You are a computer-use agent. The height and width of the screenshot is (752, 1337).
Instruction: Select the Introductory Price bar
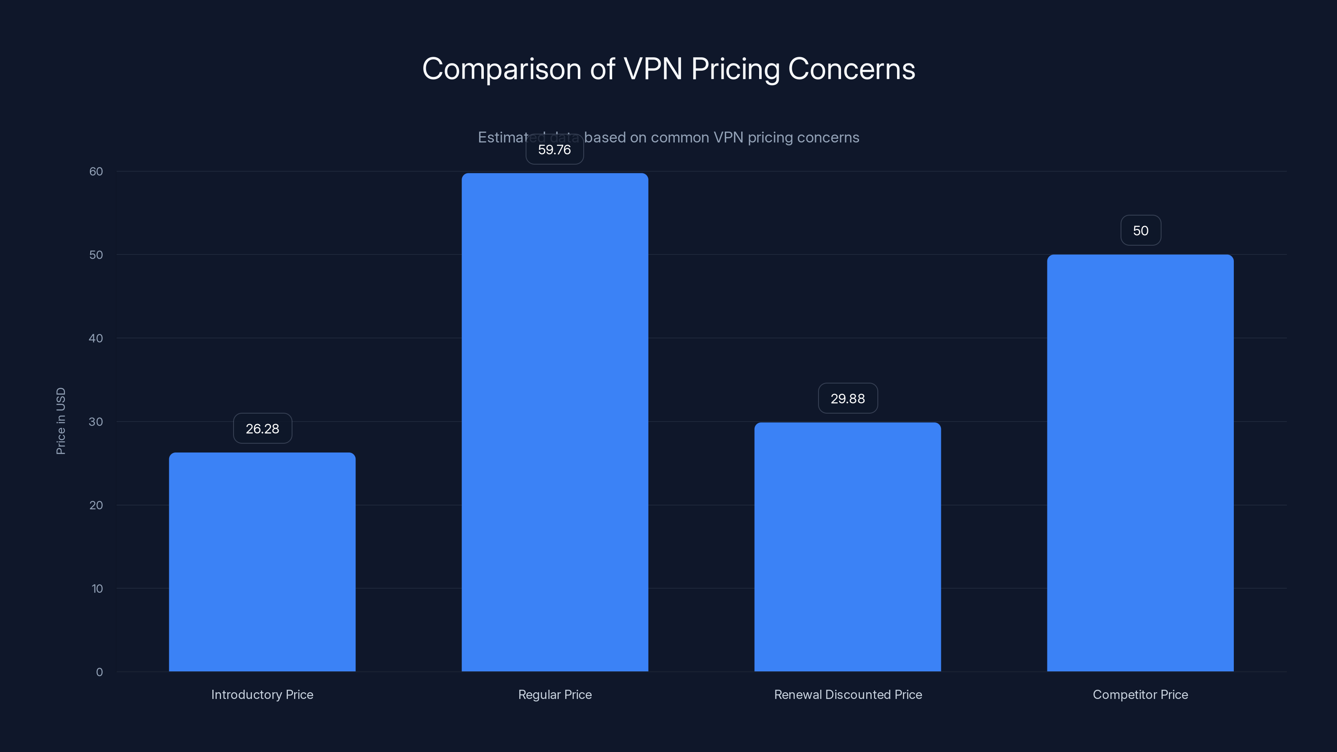(262, 561)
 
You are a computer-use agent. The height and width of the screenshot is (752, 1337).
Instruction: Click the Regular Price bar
(555, 422)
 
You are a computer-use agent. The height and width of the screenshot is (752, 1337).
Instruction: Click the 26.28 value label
(263, 429)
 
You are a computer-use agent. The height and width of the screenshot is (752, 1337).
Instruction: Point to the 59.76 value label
(554, 150)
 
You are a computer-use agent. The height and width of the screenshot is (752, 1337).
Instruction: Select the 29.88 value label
(848, 399)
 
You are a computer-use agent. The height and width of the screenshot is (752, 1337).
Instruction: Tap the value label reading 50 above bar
(1140, 231)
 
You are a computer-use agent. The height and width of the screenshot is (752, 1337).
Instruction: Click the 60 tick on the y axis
(96, 171)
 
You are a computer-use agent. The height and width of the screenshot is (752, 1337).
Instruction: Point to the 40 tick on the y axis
(96, 338)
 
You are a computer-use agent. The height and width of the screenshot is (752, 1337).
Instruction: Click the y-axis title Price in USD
(61, 421)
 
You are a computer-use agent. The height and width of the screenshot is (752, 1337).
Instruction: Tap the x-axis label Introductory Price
(262, 694)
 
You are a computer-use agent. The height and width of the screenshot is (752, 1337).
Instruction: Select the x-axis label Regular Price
(555, 694)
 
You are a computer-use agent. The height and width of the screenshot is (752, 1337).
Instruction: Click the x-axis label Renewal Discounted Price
(848, 694)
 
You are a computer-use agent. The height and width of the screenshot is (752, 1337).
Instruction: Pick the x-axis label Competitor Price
(1140, 694)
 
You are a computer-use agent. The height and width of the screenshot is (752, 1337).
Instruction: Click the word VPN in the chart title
(652, 69)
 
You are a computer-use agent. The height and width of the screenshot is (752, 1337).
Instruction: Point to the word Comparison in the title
(501, 69)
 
